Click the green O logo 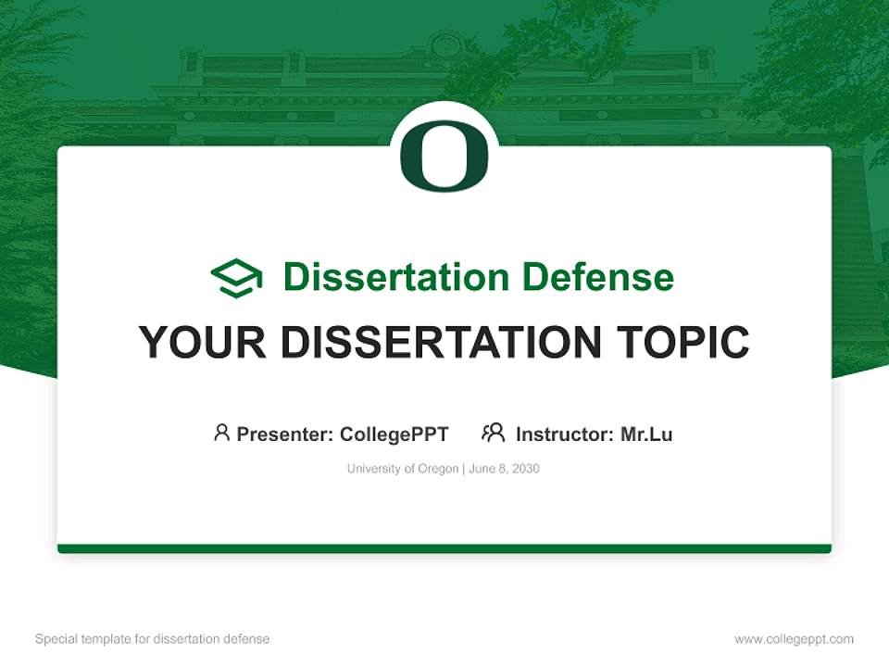(444, 155)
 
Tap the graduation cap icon (236, 278)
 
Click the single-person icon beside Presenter (221, 433)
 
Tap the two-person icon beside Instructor (494, 433)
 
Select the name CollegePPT (394, 434)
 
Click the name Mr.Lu (646, 434)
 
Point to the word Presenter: (285, 434)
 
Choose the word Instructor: (565, 434)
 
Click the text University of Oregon (402, 469)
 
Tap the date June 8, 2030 (504, 469)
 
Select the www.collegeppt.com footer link (794, 639)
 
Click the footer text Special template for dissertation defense (152, 639)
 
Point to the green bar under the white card (444, 548)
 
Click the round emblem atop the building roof (446, 44)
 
